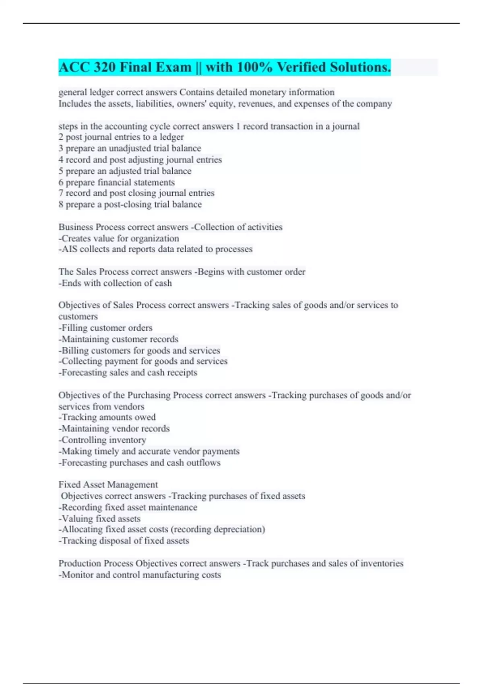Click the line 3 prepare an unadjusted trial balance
130,148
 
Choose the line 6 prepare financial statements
116,182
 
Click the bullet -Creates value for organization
119,238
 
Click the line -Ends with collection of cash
115,283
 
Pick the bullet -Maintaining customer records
118,339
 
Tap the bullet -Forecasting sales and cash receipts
128,373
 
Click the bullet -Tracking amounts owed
107,417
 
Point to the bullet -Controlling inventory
102,440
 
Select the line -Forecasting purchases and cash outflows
139,463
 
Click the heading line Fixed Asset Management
108,484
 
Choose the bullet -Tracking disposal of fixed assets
124,541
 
